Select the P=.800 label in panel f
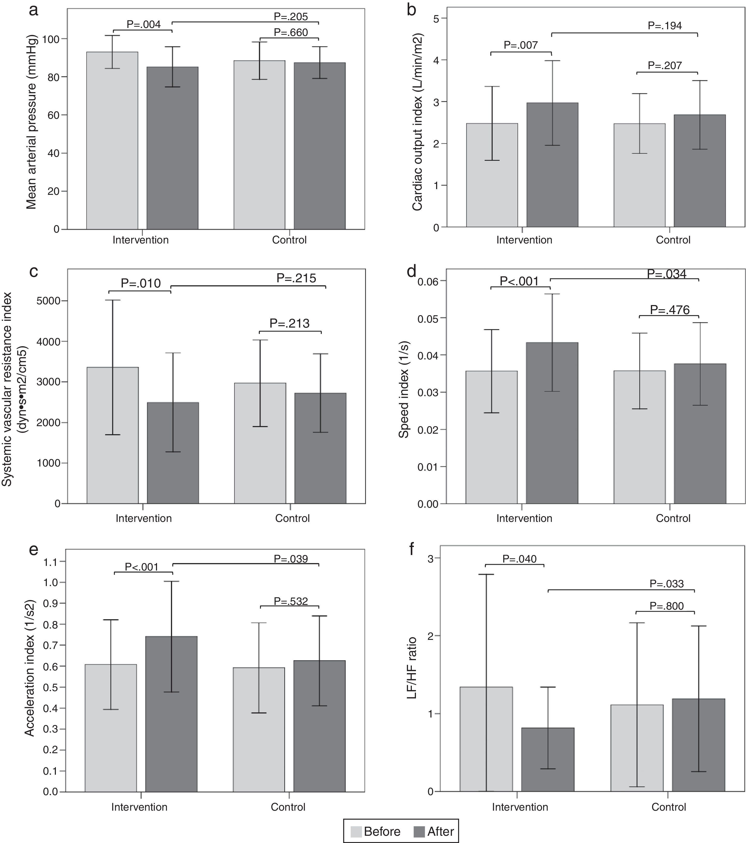pos(666,606)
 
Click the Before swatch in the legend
pos(356,831)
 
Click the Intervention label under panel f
pos(520,807)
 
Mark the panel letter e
pos(34,550)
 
